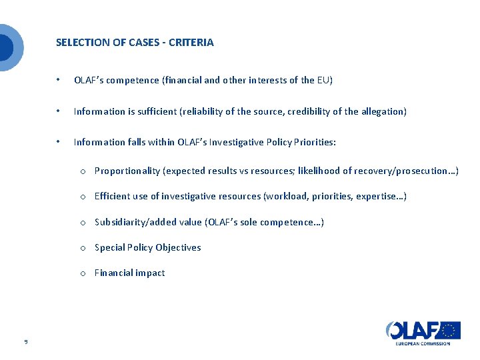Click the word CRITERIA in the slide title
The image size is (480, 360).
(191, 43)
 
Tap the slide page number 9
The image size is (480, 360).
(25, 342)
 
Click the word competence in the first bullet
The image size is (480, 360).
(137, 81)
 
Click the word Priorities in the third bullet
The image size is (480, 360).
(313, 142)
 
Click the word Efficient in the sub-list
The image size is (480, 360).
(111, 197)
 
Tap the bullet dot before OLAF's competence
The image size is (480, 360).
(59, 81)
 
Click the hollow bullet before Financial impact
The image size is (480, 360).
(82, 273)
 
